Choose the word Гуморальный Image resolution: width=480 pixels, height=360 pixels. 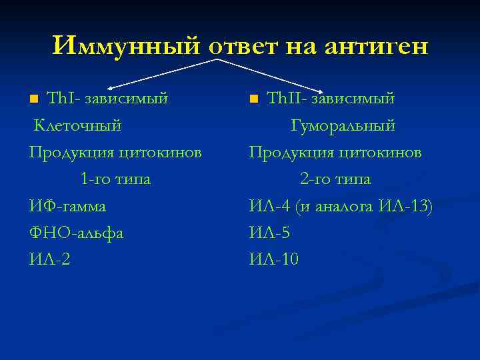pyautogui.click(x=343, y=125)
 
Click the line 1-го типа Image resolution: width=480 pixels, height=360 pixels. pyautogui.click(x=115, y=179)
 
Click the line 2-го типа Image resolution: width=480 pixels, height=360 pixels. pyautogui.click(x=335, y=179)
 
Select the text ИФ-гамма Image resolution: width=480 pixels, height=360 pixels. pyautogui.click(x=67, y=207)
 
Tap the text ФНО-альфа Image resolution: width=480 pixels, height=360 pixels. pyautogui.click(x=77, y=233)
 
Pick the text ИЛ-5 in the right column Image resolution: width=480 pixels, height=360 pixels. pyautogui.click(x=269, y=233)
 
